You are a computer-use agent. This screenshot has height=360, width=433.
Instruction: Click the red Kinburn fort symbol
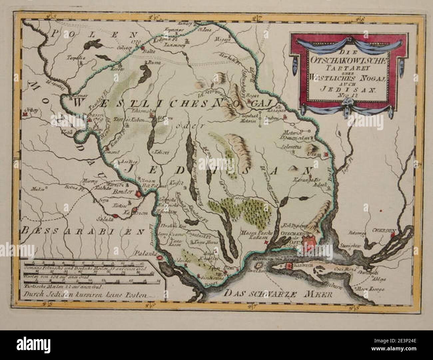(287, 266)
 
